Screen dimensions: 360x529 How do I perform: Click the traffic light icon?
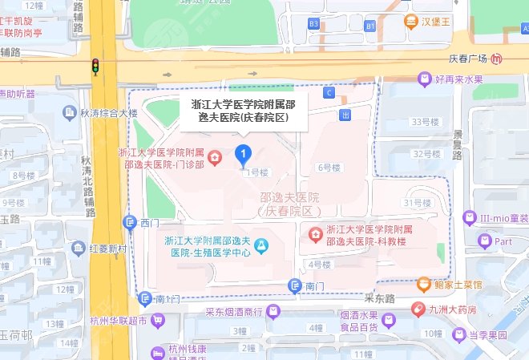click(95, 67)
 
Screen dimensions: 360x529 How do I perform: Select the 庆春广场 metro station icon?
click(498, 59)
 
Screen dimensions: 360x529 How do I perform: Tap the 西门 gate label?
click(151, 222)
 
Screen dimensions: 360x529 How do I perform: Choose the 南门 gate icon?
click(294, 286)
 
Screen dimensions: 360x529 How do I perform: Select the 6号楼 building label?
click(329, 168)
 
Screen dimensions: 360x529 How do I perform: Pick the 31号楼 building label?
click(418, 203)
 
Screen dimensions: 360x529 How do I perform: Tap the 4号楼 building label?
click(318, 264)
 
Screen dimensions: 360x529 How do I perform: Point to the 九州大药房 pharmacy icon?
click(417, 309)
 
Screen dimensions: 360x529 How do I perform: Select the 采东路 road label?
click(380, 298)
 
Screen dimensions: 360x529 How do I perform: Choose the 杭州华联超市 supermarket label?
click(115, 322)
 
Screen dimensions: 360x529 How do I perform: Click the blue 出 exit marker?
click(345, 115)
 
